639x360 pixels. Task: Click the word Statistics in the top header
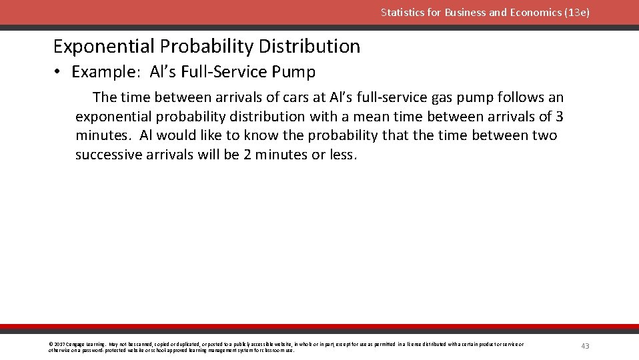403,12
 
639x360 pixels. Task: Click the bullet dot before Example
58,72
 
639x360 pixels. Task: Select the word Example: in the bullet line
105,72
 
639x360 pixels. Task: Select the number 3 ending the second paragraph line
559,117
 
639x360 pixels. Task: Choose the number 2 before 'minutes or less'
237,155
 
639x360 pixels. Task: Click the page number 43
585,346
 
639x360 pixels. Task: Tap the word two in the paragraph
543,136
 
